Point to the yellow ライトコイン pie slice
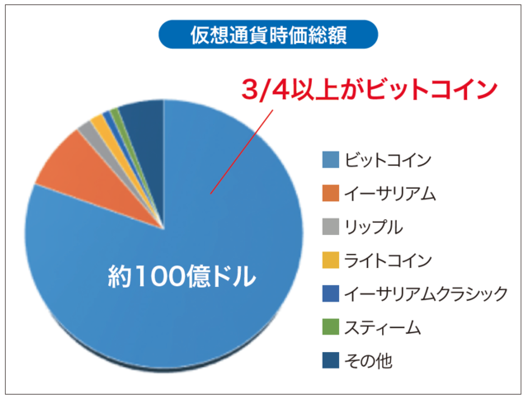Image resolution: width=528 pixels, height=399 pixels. [x=99, y=123]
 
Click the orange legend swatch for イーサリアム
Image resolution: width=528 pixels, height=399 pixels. [x=328, y=193]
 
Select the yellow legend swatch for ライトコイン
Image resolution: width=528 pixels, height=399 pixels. [x=328, y=261]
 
